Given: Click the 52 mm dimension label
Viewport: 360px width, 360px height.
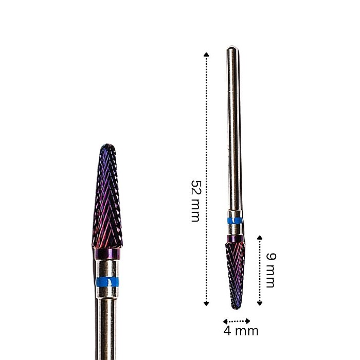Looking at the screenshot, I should click(x=195, y=201).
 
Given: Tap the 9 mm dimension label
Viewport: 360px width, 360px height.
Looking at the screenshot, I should click(x=269, y=269).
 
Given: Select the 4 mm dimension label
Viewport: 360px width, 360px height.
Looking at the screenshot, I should click(x=241, y=331).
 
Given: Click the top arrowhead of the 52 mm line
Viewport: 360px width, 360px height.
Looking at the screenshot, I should click(x=206, y=54).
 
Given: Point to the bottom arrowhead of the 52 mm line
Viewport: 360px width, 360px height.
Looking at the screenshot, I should click(x=206, y=303).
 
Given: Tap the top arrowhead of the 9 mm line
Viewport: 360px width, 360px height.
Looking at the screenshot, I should click(x=260, y=238).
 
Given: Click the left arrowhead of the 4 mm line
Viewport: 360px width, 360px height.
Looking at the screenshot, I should click(x=225, y=321).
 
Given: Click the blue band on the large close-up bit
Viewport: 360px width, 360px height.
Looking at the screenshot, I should click(x=107, y=282).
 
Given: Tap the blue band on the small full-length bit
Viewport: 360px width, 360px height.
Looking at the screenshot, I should click(x=235, y=220).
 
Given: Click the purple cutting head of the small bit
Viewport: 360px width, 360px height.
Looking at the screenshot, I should click(x=236, y=267).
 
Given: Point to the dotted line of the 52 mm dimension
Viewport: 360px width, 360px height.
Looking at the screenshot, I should click(x=206, y=129).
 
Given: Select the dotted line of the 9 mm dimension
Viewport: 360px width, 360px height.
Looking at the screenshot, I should click(x=260, y=270).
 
